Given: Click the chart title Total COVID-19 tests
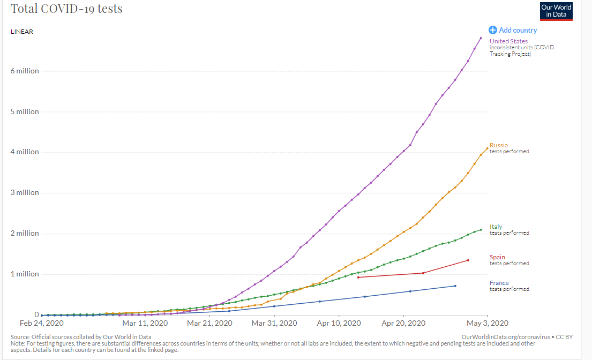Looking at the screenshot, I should (x=66, y=9).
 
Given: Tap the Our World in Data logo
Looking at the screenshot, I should (x=556, y=11).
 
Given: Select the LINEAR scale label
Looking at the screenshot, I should (x=22, y=32).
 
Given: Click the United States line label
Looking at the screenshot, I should (x=508, y=41).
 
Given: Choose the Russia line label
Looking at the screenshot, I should (x=498, y=145).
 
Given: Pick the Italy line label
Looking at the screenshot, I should (x=496, y=227).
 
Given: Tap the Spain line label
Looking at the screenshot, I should (x=497, y=257).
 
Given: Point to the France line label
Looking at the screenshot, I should (x=499, y=283).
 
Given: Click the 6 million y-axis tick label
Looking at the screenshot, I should (x=25, y=71).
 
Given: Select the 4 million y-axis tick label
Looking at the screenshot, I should (x=25, y=152).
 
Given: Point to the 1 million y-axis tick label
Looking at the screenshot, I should (x=25, y=274).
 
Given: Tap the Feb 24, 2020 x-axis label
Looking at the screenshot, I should (x=42, y=323).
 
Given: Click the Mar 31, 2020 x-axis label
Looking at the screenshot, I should (x=274, y=323).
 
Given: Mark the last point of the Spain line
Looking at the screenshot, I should (x=468, y=260).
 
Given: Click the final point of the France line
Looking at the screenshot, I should (x=455, y=286).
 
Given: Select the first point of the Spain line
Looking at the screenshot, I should (x=358, y=277).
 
